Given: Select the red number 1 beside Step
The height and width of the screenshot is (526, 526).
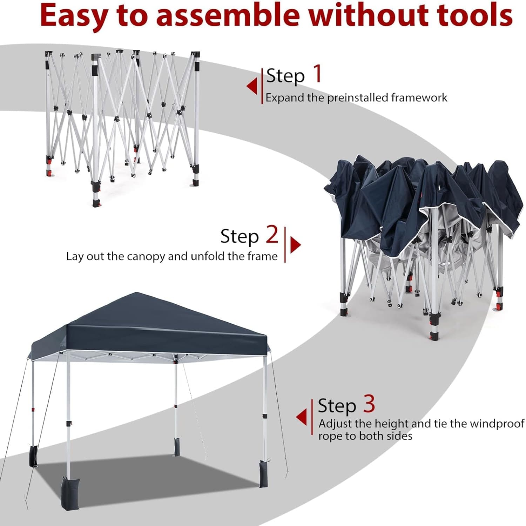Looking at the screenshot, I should pos(317,74).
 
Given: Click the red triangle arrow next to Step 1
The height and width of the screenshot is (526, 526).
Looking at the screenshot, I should pos(252,86).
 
